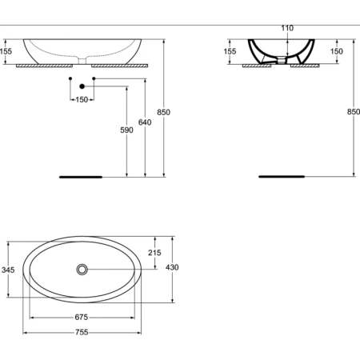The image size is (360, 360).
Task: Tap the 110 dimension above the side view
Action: tap(287, 28)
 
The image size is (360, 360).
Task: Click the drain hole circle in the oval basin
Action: tap(82, 270)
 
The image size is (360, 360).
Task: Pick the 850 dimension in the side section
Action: tap(353, 112)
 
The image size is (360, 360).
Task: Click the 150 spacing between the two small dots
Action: tap(82, 99)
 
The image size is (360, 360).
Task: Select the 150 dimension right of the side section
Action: tap(337, 51)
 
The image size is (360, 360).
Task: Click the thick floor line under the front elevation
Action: tap(82, 175)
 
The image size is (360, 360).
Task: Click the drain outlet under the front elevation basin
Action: tap(82, 61)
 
